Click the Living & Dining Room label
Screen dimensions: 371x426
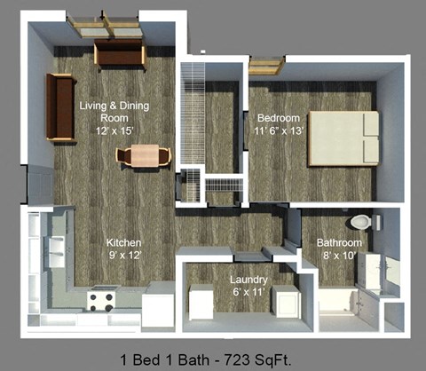(x=114, y=111)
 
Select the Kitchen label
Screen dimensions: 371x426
(x=124, y=242)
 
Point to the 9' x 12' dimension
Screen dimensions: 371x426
(x=124, y=255)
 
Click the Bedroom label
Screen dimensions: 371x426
(x=279, y=118)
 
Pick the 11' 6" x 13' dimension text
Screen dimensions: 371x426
(x=280, y=131)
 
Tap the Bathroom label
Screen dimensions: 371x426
(x=340, y=243)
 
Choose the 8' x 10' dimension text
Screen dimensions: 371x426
(x=341, y=256)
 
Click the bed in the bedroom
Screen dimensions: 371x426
(x=343, y=138)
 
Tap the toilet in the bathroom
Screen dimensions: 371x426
(x=360, y=222)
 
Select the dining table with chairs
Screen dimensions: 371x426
(x=141, y=156)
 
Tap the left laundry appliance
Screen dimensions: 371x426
(x=201, y=303)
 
